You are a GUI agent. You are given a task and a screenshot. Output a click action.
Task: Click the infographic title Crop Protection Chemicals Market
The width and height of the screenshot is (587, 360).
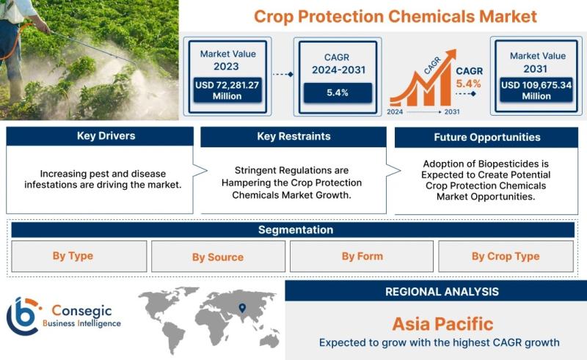point(395,17)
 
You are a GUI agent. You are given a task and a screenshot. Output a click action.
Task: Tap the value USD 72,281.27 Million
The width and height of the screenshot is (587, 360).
point(227,91)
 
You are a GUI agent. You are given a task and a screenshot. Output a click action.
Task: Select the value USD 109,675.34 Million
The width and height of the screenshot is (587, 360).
point(536,91)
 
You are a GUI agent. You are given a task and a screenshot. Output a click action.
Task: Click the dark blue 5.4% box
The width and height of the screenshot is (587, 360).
point(338,93)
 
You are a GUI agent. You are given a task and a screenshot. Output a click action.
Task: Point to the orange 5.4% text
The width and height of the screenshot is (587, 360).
point(468,84)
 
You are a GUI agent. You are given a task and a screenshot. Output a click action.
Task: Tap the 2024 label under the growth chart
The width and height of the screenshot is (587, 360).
point(395,111)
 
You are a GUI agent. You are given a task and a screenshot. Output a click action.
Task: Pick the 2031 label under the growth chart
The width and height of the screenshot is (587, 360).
point(452,111)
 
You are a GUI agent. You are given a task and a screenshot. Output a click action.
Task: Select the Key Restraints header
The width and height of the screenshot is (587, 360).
point(293,136)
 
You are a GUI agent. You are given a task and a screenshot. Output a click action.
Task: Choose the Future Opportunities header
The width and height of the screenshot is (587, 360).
point(486,137)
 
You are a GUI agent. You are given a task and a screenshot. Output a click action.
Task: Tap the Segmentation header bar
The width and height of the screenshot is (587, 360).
point(293,229)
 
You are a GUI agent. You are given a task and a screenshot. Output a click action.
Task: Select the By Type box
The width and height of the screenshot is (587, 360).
point(79,257)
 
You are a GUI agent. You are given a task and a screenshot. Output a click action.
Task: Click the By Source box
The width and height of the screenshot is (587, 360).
point(218,257)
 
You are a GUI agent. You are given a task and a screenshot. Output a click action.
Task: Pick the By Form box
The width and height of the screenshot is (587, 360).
point(362,257)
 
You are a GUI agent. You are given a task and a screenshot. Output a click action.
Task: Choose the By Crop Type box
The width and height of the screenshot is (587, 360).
point(506,257)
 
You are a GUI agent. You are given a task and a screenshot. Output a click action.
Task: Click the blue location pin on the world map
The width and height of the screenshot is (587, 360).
point(242,308)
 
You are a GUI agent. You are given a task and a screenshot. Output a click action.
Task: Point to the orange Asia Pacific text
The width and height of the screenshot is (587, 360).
point(442,324)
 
